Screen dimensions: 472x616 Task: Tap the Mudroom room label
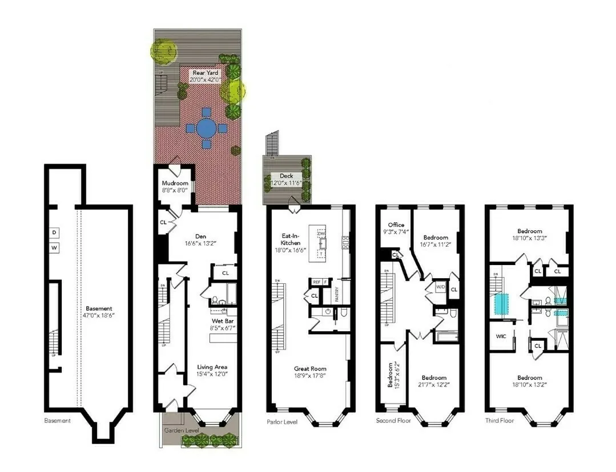coord(175,184)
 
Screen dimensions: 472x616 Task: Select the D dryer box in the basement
coord(55,233)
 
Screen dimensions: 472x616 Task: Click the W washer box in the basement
coord(55,248)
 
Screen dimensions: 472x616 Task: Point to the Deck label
coord(287,176)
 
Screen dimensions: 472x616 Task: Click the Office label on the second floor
coord(396,225)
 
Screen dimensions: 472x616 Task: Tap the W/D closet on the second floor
coord(441,287)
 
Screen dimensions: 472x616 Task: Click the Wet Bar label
coord(220,321)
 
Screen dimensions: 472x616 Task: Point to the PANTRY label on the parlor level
coord(337,292)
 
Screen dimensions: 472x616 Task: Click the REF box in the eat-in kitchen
coord(316,282)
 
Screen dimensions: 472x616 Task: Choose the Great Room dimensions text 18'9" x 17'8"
coord(310,375)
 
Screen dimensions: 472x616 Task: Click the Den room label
coord(200,236)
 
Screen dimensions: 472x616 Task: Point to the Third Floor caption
coord(500,421)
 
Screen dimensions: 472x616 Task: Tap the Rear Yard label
coord(206,73)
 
